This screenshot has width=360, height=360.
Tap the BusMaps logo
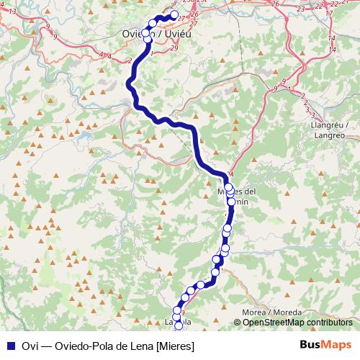[x=325, y=344]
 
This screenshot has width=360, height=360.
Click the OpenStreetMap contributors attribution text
[x=297, y=323]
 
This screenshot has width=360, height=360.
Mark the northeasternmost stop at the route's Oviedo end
[x=174, y=14]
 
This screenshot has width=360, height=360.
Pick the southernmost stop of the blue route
[x=179, y=326]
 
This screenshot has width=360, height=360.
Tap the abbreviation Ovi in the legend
[x=28, y=345]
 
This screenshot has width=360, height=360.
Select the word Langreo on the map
[x=330, y=135]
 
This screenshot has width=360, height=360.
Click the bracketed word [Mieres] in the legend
[x=176, y=345]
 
